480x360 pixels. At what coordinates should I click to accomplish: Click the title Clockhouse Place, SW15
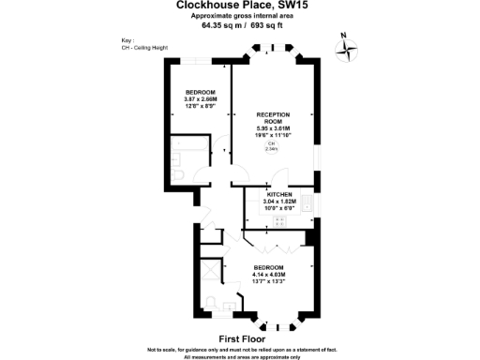pos(239,6)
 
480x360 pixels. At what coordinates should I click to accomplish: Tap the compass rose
pos(348,48)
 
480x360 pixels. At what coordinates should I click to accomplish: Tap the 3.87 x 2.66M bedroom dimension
pos(200,97)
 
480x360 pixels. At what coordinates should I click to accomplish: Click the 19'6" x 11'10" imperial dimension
pos(272,135)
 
